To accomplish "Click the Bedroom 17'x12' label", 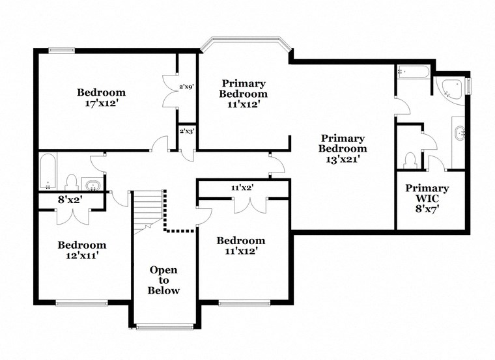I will pyautogui.click(x=101, y=97).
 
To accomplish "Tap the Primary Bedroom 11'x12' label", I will pyautogui.click(x=244, y=94).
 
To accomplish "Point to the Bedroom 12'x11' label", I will pyautogui.click(x=81, y=250).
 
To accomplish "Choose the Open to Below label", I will pyautogui.click(x=163, y=280).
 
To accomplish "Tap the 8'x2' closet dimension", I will pyautogui.click(x=70, y=201).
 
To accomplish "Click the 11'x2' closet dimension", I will pyautogui.click(x=242, y=188).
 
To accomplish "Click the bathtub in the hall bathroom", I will pyautogui.click(x=48, y=171).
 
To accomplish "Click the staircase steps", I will pyautogui.click(x=147, y=209).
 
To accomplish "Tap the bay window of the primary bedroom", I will pyautogui.click(x=244, y=46).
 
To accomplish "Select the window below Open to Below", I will pyautogui.click(x=163, y=326).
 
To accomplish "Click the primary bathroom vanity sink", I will pyautogui.click(x=459, y=135).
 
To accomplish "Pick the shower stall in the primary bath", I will pyautogui.click(x=412, y=72).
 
